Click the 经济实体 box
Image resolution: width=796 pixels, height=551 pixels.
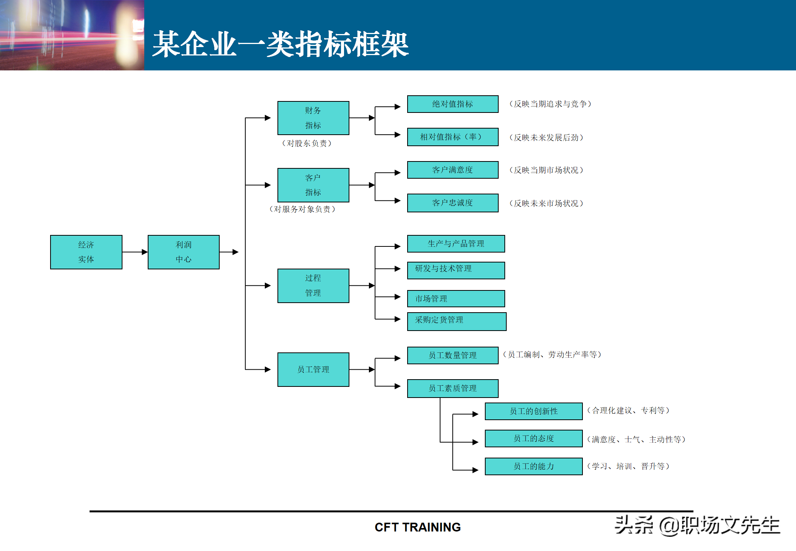[x=86, y=252]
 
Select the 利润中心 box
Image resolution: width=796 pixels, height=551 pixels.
[x=184, y=252]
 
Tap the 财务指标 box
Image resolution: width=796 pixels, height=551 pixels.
[x=313, y=118]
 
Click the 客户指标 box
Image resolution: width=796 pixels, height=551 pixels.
[x=313, y=185]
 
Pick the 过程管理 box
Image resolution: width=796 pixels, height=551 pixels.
[x=313, y=285]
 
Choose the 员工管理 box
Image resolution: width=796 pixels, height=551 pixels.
[x=313, y=369]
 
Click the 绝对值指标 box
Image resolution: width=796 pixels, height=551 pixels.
[x=453, y=104]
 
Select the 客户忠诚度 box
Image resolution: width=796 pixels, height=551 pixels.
[x=453, y=203]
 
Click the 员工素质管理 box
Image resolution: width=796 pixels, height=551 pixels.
[x=453, y=388]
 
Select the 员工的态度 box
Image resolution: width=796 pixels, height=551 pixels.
[x=533, y=439]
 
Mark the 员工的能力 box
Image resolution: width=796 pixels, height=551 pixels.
[x=533, y=466]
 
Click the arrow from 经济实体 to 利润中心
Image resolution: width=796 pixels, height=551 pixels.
[x=135, y=252]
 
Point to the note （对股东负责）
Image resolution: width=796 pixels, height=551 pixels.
[x=307, y=143]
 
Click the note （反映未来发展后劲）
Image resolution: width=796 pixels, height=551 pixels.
[x=546, y=138]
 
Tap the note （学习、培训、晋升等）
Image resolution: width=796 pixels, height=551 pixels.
[x=628, y=466]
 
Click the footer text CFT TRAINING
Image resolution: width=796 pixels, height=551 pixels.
[x=418, y=527]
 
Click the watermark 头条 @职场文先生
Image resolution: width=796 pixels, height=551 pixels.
[x=697, y=525]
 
